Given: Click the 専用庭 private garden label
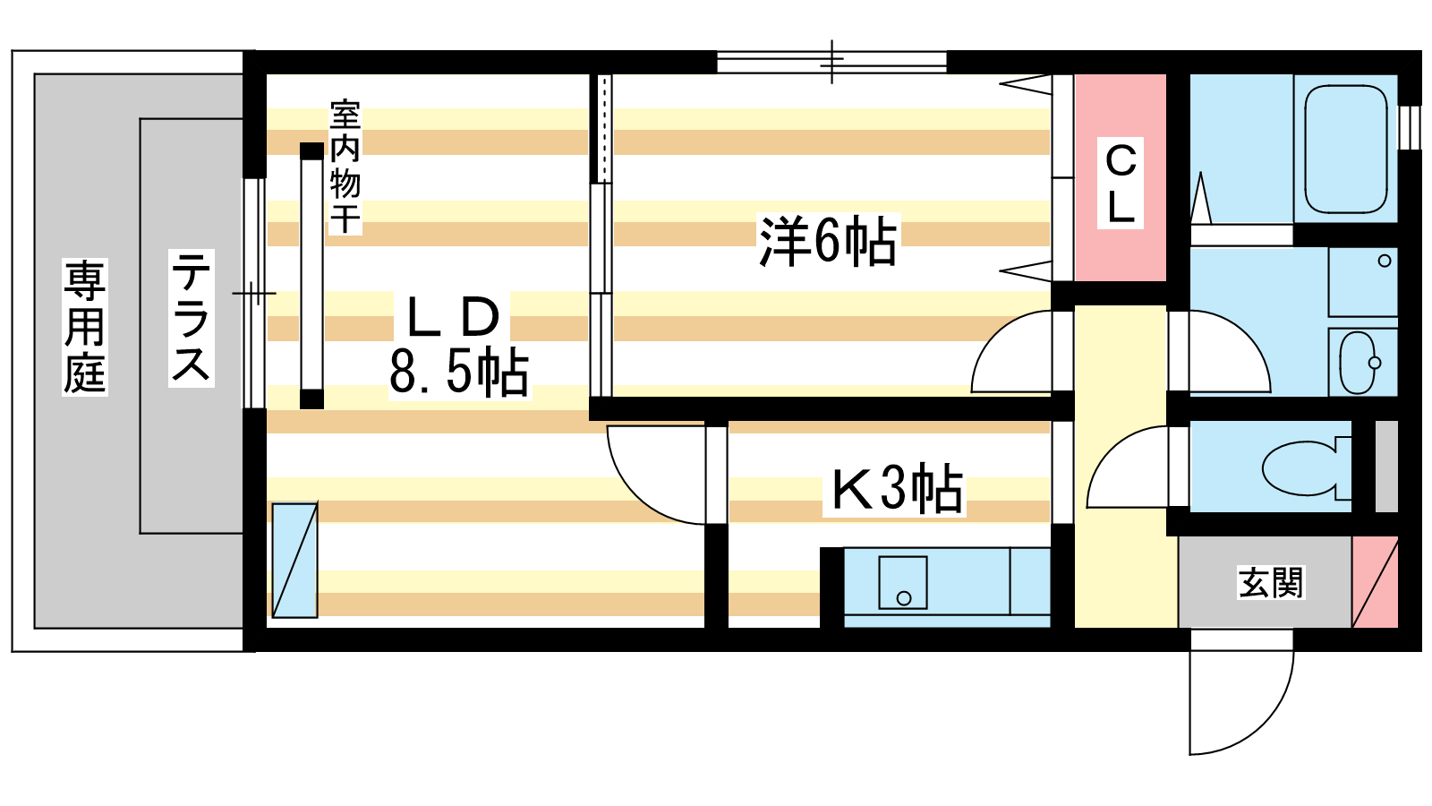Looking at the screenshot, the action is click(x=84, y=326).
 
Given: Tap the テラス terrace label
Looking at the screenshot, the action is click(x=192, y=318).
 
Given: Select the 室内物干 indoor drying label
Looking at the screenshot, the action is click(x=345, y=167).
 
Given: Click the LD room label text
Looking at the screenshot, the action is click(x=453, y=318).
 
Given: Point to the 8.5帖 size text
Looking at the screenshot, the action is click(x=459, y=373).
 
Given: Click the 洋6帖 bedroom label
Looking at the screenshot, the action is click(x=829, y=241).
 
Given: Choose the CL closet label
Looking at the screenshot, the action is click(x=1121, y=183).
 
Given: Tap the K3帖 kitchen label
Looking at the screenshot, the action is click(x=896, y=489).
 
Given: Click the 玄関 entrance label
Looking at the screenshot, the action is click(x=1270, y=583).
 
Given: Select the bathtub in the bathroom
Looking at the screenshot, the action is click(x=1346, y=149).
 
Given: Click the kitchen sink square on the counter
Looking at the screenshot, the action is click(x=903, y=582).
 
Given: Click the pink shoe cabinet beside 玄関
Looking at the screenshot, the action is click(x=1375, y=582).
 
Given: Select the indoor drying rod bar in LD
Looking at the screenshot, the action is click(x=312, y=276).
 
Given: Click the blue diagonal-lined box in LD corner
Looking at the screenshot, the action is click(x=294, y=561).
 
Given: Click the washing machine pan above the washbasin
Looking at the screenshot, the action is click(x=1362, y=281).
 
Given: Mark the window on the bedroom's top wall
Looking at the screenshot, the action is click(x=831, y=62).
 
